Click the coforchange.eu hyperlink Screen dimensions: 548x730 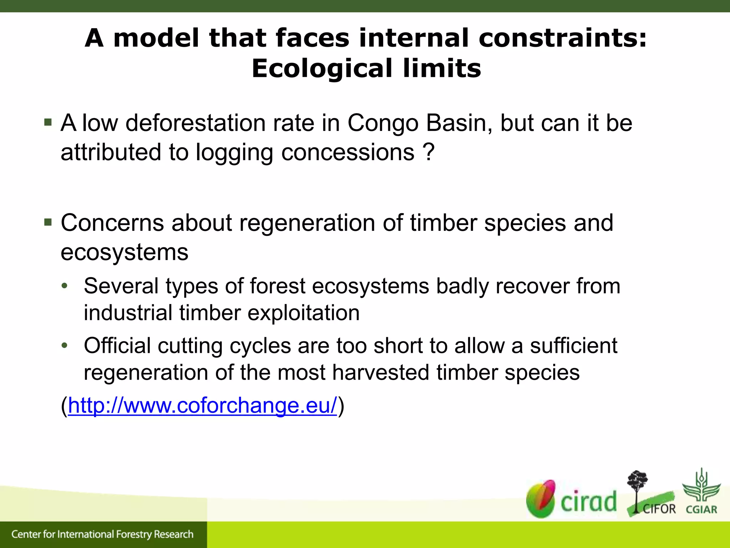point(202,406)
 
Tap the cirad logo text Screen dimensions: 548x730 point(588,501)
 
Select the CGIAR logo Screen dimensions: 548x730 point(701,492)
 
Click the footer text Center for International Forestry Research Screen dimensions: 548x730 point(102,534)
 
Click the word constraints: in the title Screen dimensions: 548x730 point(562,38)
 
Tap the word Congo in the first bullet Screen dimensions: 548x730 point(383,123)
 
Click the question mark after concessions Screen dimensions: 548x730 point(429,152)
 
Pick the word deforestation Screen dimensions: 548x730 point(196,123)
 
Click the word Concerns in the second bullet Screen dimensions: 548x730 point(112,223)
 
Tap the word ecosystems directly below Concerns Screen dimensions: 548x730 point(124,252)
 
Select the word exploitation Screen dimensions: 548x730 point(303,313)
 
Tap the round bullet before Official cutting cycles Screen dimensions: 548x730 point(64,345)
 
